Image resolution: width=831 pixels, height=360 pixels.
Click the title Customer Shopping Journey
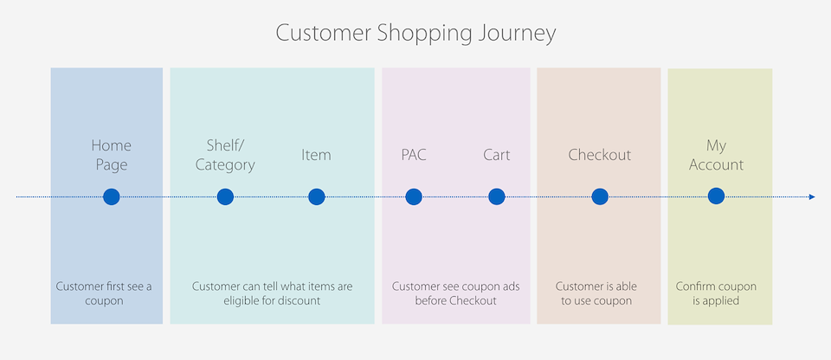(x=415, y=34)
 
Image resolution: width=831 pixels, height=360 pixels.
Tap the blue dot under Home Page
(x=112, y=196)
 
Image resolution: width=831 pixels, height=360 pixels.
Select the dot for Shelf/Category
(x=225, y=196)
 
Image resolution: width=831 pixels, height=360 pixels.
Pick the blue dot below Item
(x=317, y=196)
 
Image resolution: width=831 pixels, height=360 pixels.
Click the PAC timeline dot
(x=414, y=196)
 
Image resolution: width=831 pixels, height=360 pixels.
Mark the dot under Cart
(x=497, y=196)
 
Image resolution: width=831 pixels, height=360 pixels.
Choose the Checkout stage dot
(x=600, y=196)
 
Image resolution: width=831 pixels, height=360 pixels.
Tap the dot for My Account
(x=716, y=196)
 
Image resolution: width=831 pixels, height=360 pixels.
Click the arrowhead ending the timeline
(x=812, y=196)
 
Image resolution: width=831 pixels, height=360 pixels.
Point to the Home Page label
(x=112, y=155)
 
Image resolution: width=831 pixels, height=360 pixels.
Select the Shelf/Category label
(x=225, y=155)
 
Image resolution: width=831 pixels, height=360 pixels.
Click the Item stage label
(x=317, y=155)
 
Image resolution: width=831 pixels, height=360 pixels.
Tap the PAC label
(x=414, y=155)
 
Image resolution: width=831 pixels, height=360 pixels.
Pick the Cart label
(x=497, y=155)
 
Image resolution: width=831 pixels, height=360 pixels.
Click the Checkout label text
(x=600, y=155)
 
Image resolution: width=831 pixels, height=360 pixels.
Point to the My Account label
(x=716, y=155)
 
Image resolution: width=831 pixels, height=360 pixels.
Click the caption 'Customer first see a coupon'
(x=104, y=293)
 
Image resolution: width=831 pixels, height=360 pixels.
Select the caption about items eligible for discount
(x=272, y=293)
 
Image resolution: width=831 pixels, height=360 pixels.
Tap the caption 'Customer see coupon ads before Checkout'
(x=456, y=293)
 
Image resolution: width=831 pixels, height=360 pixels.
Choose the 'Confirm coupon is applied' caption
(x=716, y=293)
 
